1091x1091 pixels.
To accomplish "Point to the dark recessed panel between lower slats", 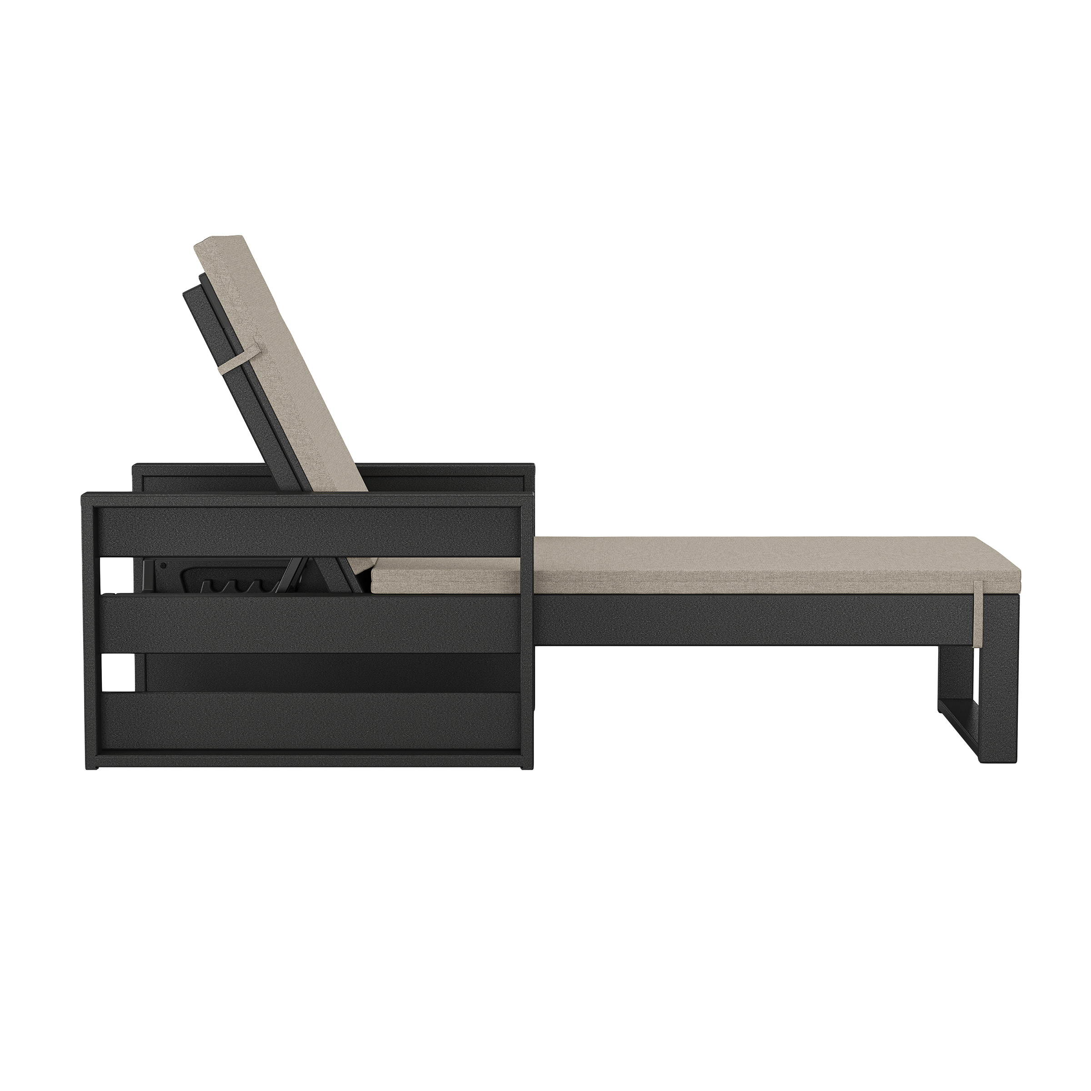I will (x=327, y=673).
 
